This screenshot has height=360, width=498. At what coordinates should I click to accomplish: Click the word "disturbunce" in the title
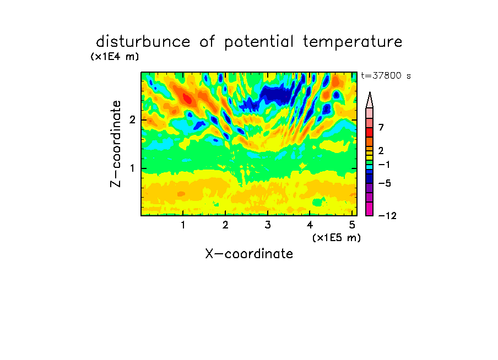pyautogui.click(x=143, y=42)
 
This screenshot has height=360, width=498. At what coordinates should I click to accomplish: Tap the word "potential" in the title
pyautogui.click(x=259, y=42)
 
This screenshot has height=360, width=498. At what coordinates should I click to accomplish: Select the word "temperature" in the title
pyautogui.click(x=353, y=42)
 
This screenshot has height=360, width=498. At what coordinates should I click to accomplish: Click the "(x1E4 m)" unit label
pyautogui.click(x=115, y=57)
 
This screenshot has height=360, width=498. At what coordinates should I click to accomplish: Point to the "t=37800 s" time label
pyautogui.click(x=386, y=76)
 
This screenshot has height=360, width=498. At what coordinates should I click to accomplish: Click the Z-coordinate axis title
pyautogui.click(x=115, y=144)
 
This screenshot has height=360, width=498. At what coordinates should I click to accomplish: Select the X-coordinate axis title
pyautogui.click(x=249, y=254)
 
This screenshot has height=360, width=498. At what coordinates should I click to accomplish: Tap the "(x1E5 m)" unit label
pyautogui.click(x=337, y=238)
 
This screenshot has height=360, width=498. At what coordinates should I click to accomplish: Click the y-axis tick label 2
pyautogui.click(x=132, y=120)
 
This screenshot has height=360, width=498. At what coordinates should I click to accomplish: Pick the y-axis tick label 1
pyautogui.click(x=132, y=168)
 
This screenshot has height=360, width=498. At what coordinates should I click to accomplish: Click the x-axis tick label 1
pyautogui.click(x=183, y=225)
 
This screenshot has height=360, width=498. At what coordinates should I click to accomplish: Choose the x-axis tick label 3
pyautogui.click(x=268, y=225)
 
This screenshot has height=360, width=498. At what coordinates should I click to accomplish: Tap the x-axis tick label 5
pyautogui.click(x=352, y=225)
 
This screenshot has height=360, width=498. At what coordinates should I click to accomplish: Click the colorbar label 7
pyautogui.click(x=381, y=128)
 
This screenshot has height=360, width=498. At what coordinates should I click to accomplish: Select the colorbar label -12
pyautogui.click(x=387, y=216)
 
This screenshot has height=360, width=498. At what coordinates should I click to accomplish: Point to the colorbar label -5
pyautogui.click(x=385, y=183)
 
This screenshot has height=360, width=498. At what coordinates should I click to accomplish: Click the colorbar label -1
pyautogui.click(x=384, y=165)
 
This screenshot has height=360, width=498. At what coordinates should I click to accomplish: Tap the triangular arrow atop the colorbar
pyautogui.click(x=370, y=100)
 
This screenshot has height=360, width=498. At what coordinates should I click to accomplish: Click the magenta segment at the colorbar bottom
pyautogui.click(x=370, y=209)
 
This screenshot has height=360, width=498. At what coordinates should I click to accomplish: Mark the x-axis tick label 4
pyautogui.click(x=310, y=225)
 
